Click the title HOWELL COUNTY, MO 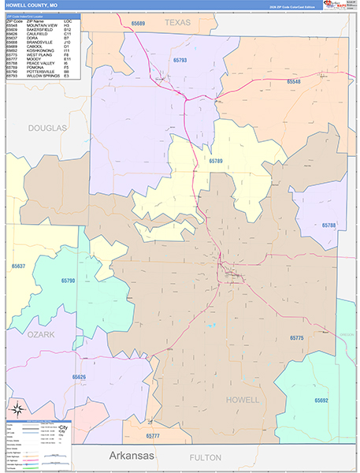pos(32,6)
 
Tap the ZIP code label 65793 pos(180,60)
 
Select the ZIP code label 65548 pos(293,82)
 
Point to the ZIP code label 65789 pos(217,161)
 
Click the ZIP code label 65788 pos(328,225)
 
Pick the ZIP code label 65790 pos(68,281)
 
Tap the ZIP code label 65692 pos(321,400)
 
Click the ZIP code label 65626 pos(80,377)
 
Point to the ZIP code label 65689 pos(138,24)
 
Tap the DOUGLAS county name pos(47,127)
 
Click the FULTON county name pos(206,457)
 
